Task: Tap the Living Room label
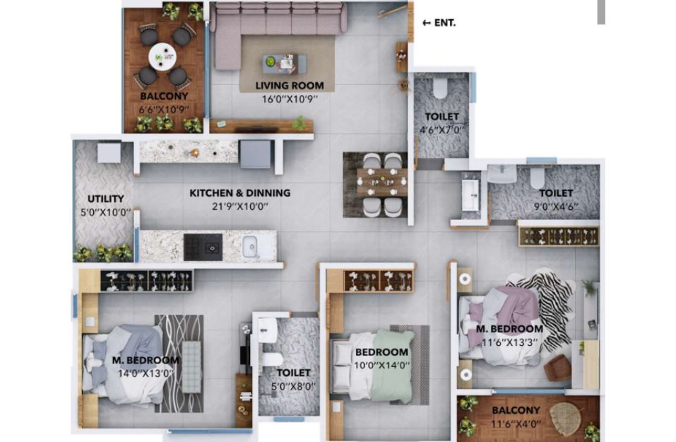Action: coord(290,86)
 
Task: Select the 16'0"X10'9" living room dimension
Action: coord(290,99)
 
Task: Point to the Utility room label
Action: coord(106,199)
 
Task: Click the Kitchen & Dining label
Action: coord(239,193)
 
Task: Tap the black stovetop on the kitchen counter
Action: coord(203,247)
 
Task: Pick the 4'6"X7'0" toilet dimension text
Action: coord(441,129)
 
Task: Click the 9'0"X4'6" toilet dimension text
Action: coord(556,207)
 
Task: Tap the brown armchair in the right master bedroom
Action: coord(558,368)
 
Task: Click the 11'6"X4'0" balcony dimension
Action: coord(516,424)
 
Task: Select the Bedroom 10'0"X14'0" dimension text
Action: coord(382,366)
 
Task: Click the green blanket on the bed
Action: coord(392,365)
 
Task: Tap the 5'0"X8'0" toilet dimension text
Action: coord(293,386)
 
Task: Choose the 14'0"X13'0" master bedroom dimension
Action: coord(146,373)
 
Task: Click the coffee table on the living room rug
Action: coord(285,64)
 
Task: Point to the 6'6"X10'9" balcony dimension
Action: coord(164,110)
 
